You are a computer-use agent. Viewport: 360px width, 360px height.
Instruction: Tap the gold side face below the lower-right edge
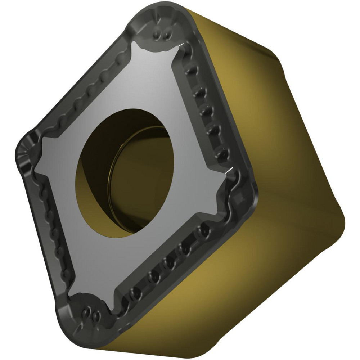coord(216,288)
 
